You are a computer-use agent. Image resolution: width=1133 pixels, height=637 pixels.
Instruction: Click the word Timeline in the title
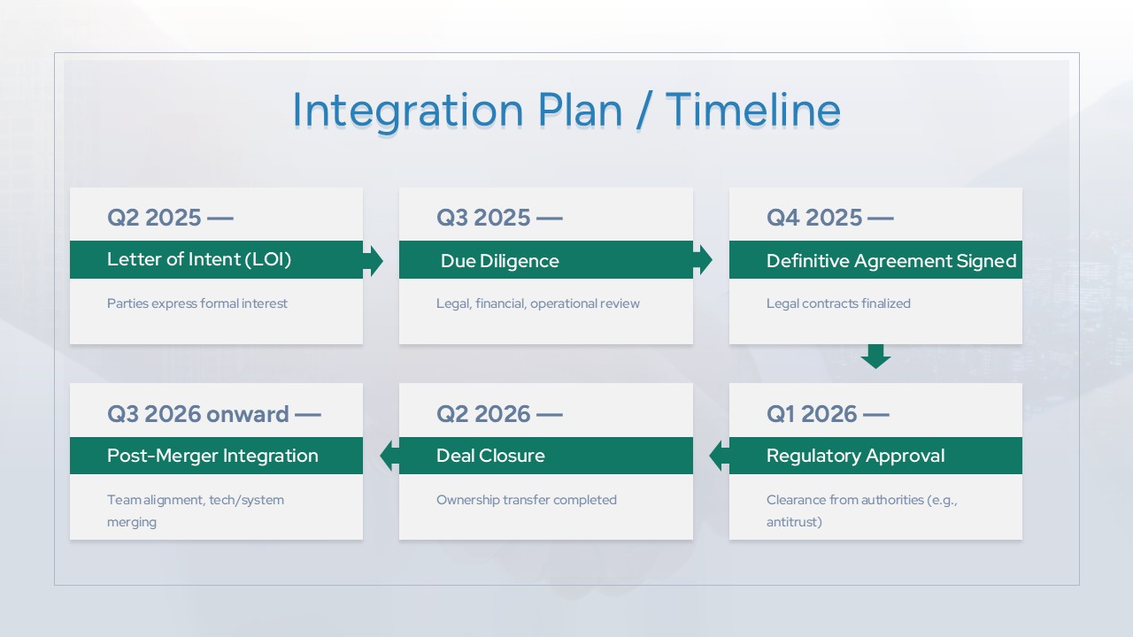point(752,110)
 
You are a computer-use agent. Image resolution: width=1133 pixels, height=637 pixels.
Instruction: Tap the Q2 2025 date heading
point(170,218)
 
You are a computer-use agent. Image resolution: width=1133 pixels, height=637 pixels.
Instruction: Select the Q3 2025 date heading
point(499,218)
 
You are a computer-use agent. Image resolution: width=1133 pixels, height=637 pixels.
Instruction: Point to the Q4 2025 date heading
point(829,218)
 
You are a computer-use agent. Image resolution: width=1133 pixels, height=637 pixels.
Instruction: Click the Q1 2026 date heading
point(828,414)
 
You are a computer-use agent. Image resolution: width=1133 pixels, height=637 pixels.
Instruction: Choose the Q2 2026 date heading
point(499,414)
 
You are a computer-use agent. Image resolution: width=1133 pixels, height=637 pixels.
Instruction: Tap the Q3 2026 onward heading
point(213,414)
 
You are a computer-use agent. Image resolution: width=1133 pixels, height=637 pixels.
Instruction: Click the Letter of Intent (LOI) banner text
point(199,259)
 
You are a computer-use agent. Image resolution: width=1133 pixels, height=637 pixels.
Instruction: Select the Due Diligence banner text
point(500,261)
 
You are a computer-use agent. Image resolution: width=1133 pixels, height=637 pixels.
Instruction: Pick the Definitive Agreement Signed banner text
point(891,261)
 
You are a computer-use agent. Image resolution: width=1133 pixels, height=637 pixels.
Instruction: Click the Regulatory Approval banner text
point(855,456)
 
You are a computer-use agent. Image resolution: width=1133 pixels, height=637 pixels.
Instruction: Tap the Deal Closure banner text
point(490,456)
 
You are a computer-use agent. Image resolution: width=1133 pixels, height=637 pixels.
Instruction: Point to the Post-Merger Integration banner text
point(212,456)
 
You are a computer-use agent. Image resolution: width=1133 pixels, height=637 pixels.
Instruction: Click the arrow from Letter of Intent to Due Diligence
point(374,261)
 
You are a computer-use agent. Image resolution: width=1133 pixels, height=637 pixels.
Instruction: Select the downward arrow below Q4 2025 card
point(875,357)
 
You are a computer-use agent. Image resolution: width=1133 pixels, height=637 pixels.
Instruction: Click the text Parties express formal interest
point(197,303)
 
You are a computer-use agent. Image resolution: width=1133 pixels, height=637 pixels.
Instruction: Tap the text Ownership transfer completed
point(527,500)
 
